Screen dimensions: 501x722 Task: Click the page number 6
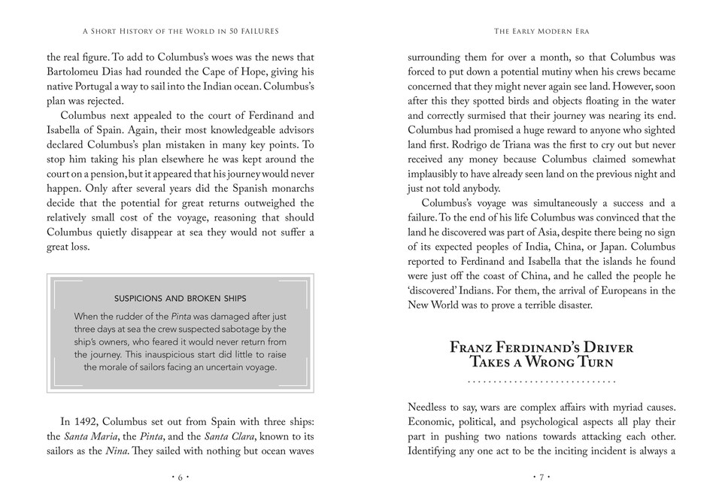[x=180, y=477]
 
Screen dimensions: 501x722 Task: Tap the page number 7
[x=541, y=477]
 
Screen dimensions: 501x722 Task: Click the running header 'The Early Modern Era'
[x=541, y=31]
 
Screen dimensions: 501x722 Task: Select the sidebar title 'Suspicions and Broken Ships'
[x=180, y=299]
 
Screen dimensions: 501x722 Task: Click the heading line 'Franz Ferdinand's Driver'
[x=541, y=348]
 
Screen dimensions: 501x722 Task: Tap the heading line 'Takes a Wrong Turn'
[x=541, y=362]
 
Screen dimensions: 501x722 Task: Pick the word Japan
[x=656, y=247]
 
